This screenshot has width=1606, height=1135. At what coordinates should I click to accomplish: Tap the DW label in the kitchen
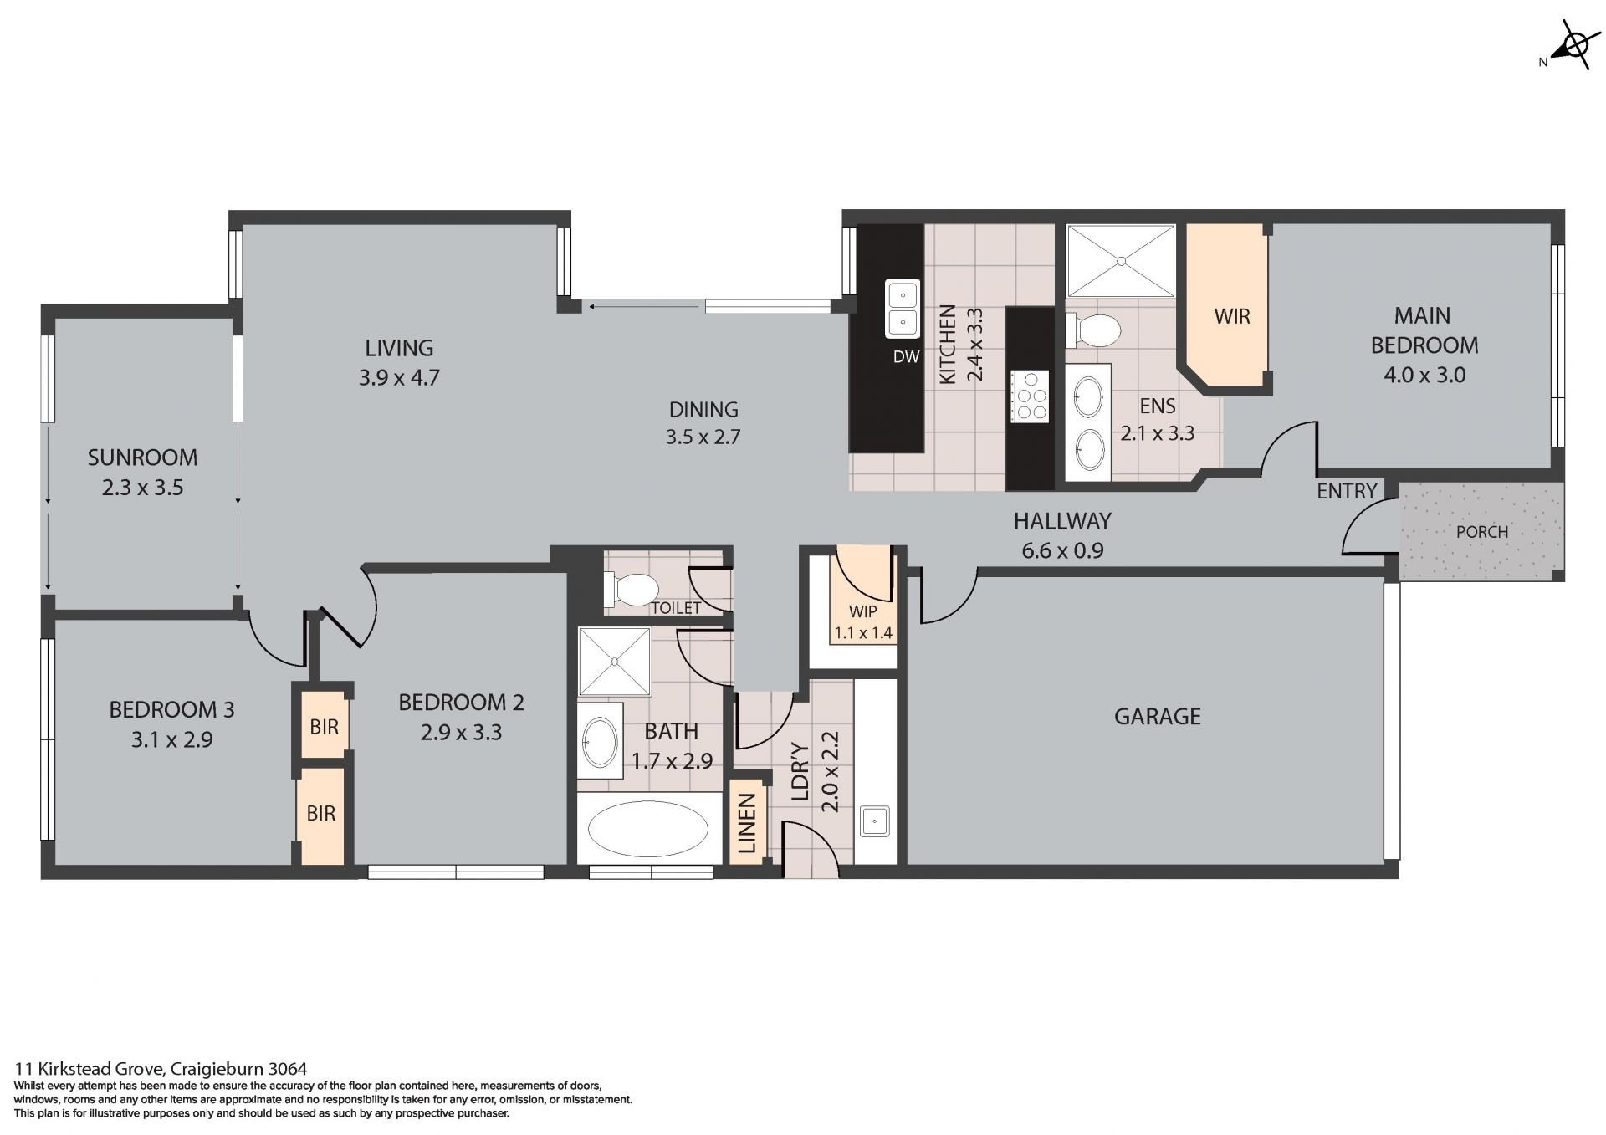click(906, 357)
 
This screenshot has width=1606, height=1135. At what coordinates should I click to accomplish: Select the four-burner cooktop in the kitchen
click(1030, 395)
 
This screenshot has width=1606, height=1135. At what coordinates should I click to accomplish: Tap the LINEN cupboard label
click(747, 824)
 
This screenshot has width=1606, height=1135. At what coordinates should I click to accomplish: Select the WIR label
click(1232, 316)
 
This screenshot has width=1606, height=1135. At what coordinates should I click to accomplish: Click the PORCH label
click(1482, 532)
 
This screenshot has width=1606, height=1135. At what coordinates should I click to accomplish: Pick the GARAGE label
click(1158, 716)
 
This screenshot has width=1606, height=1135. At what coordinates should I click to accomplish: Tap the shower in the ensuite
click(1121, 260)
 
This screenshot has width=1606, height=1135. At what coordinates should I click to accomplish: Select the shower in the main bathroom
click(614, 662)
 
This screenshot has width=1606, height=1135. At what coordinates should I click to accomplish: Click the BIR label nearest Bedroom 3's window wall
click(321, 813)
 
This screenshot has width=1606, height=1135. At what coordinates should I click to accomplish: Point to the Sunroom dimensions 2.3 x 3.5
click(143, 488)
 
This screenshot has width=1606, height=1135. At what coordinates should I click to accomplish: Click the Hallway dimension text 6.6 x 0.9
click(1062, 550)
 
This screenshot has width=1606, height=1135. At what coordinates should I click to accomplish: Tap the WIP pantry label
click(862, 611)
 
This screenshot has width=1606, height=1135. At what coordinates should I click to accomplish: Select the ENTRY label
click(1347, 491)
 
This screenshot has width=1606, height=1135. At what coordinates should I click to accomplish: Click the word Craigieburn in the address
click(219, 1069)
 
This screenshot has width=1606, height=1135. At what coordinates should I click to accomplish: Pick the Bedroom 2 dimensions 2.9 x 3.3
click(461, 733)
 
